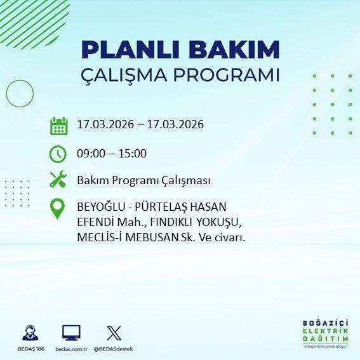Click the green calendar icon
tap(58, 125)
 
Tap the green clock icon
tap(58, 153)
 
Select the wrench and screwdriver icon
tap(58, 180)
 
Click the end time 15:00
tap(133, 153)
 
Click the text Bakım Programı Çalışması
tap(143, 180)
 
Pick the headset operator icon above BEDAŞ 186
tap(29, 333)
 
